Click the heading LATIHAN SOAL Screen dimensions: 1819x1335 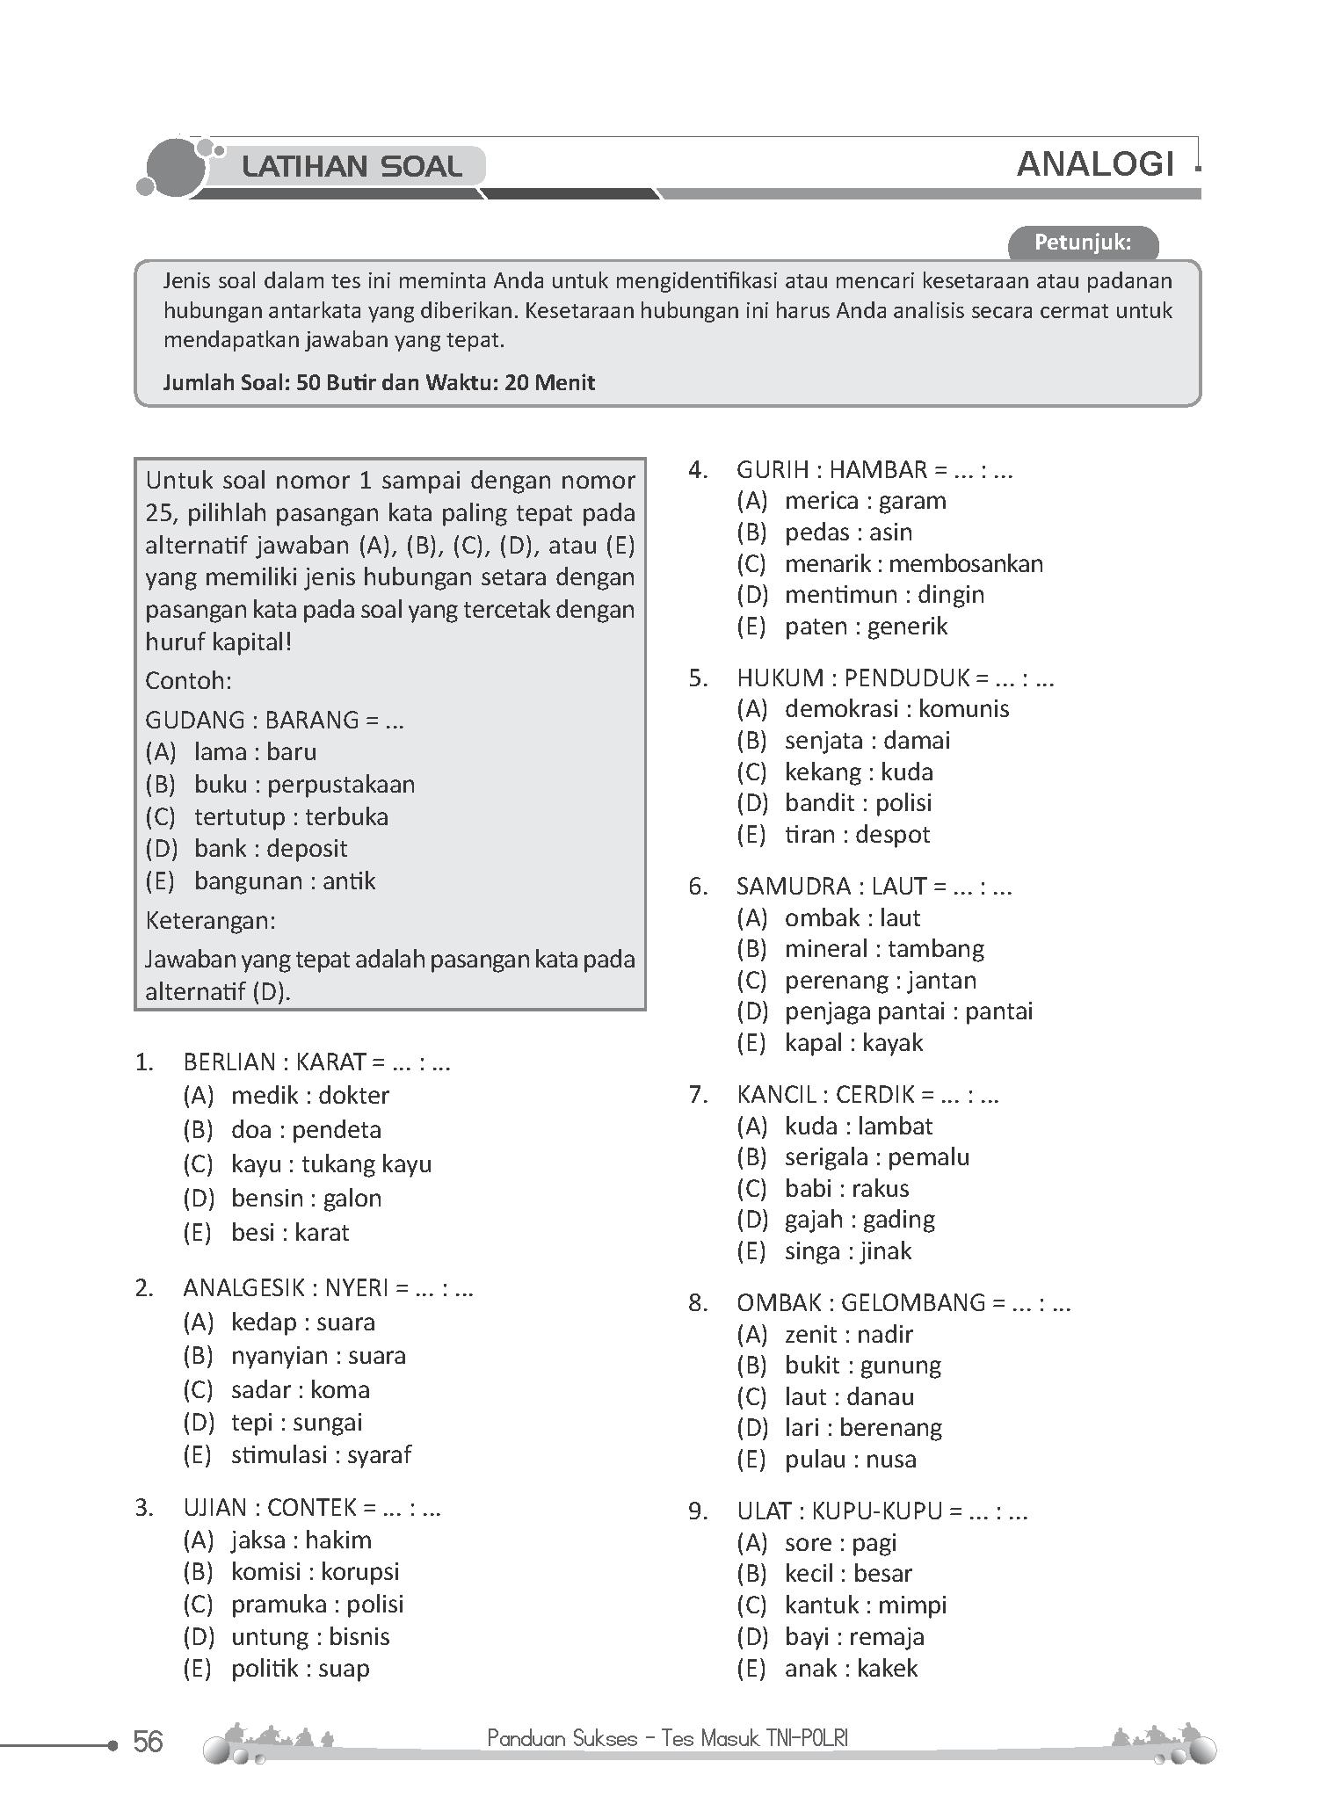[352, 166]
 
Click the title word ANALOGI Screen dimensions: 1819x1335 [1095, 164]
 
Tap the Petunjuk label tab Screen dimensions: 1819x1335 [1082, 243]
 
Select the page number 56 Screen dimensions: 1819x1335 [148, 1741]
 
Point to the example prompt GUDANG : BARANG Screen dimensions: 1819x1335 [274, 720]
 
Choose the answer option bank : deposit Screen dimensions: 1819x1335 [270, 849]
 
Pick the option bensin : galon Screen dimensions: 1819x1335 [306, 1198]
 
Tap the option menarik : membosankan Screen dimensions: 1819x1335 [913, 563]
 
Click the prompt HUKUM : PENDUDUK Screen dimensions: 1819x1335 [895, 678]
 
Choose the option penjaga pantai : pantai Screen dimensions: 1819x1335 [908, 1011]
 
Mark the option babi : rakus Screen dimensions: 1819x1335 [846, 1188]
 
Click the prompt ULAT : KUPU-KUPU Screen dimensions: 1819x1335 [882, 1511]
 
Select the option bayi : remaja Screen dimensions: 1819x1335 [853, 1636]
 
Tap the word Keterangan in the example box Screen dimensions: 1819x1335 [210, 920]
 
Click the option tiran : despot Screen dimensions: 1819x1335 [857, 834]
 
